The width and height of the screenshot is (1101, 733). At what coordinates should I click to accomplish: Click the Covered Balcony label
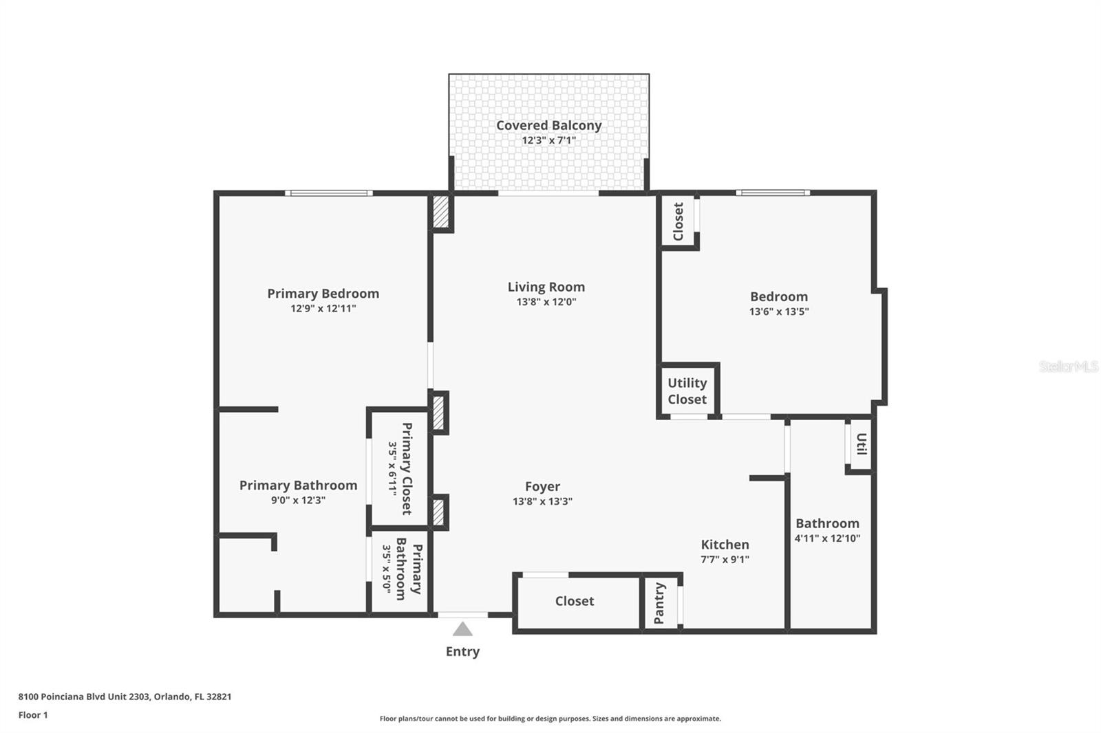pyautogui.click(x=548, y=126)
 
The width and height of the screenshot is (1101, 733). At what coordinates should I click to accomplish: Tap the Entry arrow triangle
pyautogui.click(x=462, y=629)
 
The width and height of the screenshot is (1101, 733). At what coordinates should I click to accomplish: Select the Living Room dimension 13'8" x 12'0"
pyautogui.click(x=546, y=302)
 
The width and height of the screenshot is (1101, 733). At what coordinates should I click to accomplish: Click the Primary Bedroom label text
pyautogui.click(x=323, y=294)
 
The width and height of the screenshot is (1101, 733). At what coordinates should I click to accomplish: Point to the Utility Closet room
pyautogui.click(x=687, y=391)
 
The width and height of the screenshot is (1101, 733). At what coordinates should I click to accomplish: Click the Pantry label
pyautogui.click(x=659, y=603)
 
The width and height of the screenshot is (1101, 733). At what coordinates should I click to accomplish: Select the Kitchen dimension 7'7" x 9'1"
pyautogui.click(x=725, y=560)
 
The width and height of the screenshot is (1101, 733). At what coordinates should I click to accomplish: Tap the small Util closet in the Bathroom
pyautogui.click(x=861, y=444)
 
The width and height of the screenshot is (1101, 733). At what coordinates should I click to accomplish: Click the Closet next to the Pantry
pyautogui.click(x=575, y=601)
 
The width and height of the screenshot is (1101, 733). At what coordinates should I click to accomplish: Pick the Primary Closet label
pyautogui.click(x=407, y=468)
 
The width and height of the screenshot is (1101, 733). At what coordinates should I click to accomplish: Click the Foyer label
pyautogui.click(x=542, y=487)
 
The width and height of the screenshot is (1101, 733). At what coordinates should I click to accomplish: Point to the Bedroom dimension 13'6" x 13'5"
pyautogui.click(x=778, y=311)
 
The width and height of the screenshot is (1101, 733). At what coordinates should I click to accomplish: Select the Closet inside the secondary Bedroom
pyautogui.click(x=678, y=221)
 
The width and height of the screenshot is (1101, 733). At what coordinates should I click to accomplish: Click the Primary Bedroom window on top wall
pyautogui.click(x=329, y=193)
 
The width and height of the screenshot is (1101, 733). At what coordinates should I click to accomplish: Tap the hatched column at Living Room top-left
pyautogui.click(x=440, y=212)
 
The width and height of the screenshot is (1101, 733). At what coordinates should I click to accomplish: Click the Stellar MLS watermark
pyautogui.click(x=1068, y=366)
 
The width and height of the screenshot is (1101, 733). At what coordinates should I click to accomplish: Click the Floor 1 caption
pyautogui.click(x=33, y=715)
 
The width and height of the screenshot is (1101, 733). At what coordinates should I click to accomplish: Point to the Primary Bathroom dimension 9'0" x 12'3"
pyautogui.click(x=298, y=501)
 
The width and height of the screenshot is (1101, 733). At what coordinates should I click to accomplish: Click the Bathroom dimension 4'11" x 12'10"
pyautogui.click(x=827, y=538)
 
